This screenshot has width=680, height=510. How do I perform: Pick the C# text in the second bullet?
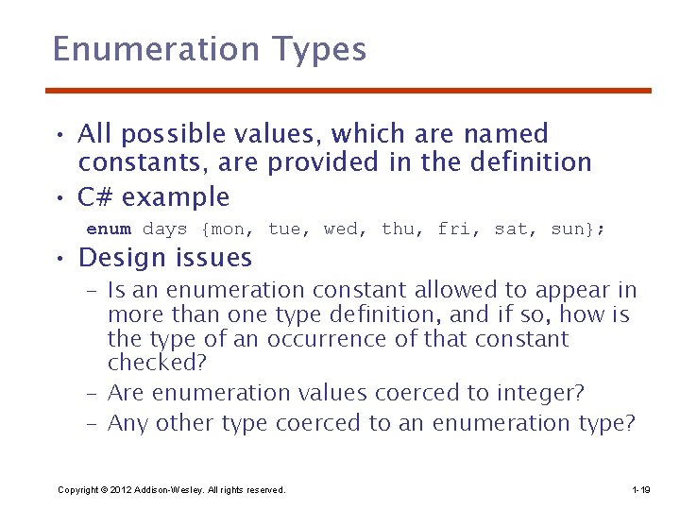tap(95, 197)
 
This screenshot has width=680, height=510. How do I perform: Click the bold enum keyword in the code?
tap(109, 229)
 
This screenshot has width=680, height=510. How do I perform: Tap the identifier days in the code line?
tap(165, 229)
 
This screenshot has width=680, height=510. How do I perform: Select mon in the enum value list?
tap(228, 229)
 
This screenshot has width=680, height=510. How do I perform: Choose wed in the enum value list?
tap(343, 229)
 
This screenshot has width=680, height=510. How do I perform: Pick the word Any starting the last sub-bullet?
tap(127, 423)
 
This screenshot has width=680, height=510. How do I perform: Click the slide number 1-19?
tap(639, 490)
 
